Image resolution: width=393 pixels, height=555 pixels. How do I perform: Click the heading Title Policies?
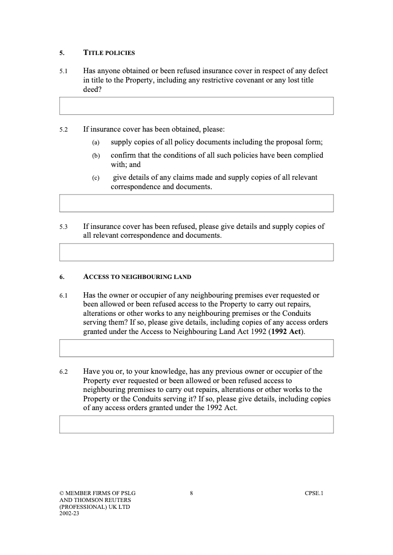click(x=109, y=53)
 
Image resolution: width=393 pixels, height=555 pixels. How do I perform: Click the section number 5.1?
click(x=63, y=71)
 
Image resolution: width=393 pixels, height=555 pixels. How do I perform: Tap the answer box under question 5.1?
click(x=196, y=106)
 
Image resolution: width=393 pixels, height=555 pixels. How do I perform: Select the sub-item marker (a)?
click(x=96, y=143)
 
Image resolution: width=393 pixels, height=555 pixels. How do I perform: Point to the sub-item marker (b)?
click(x=96, y=156)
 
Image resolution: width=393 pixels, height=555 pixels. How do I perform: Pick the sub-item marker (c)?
click(x=96, y=178)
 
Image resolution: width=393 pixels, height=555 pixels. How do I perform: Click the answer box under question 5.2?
click(x=196, y=203)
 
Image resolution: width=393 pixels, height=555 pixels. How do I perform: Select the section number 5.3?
click(x=63, y=227)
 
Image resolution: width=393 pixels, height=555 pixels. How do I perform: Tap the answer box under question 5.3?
click(x=196, y=252)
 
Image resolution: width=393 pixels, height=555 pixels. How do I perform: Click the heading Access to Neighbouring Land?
click(x=137, y=277)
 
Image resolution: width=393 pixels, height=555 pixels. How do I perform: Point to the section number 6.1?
click(x=63, y=296)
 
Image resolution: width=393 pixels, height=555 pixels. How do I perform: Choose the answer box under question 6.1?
click(x=196, y=348)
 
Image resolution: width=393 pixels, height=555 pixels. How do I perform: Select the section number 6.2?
click(x=63, y=372)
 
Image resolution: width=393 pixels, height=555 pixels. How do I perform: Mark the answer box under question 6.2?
click(x=196, y=424)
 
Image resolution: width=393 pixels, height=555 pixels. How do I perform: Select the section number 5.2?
click(x=63, y=130)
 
